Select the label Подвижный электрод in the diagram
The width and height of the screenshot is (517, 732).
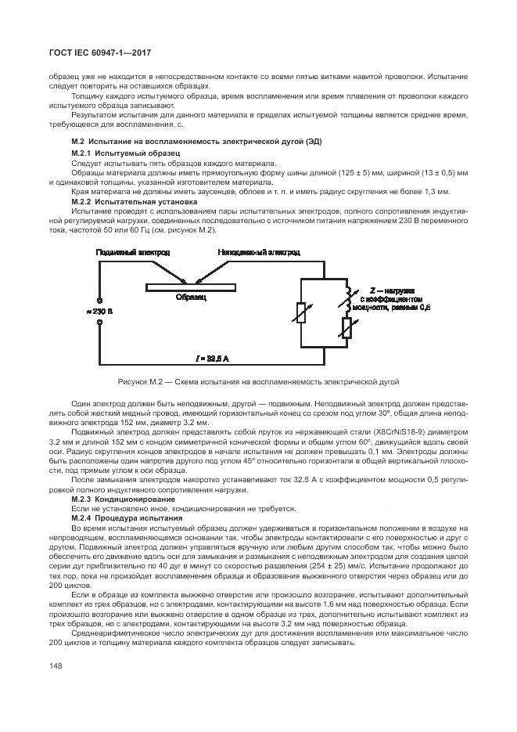point(132,254)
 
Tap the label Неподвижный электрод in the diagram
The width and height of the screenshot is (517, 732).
point(258,254)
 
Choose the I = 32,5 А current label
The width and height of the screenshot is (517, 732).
point(213,358)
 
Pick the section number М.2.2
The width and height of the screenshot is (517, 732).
point(81,200)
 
